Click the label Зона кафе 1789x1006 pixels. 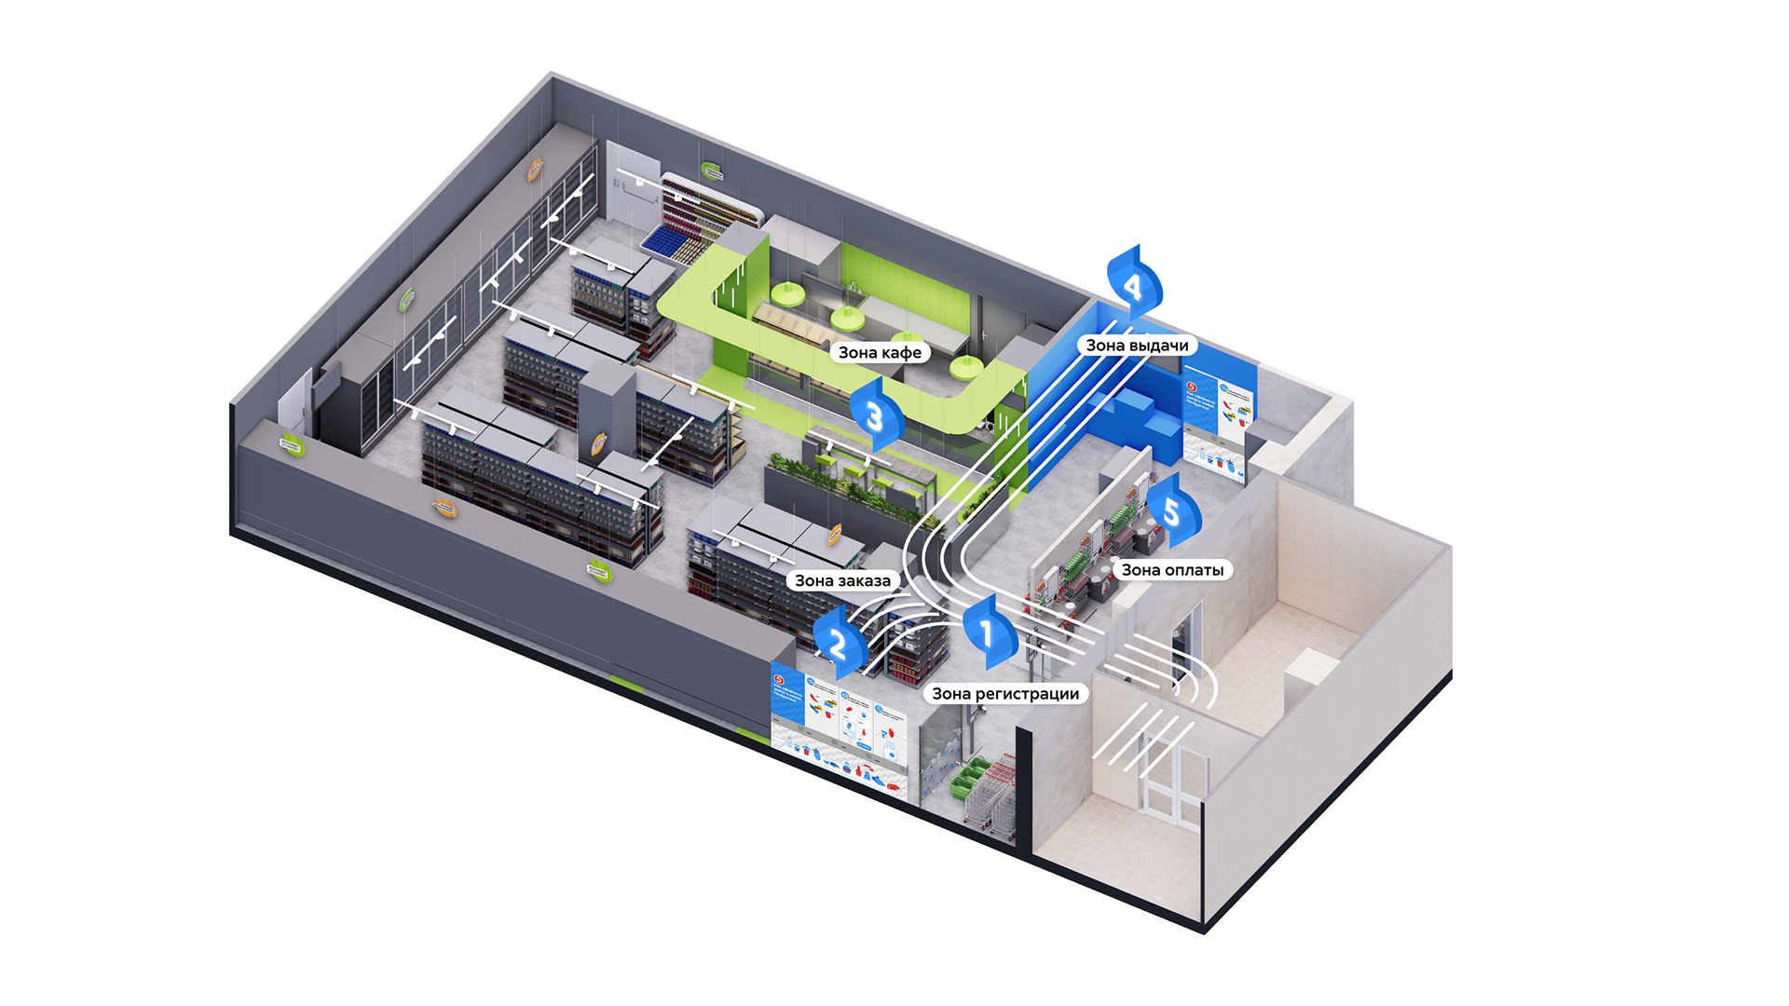880,352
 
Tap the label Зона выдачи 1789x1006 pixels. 1137,346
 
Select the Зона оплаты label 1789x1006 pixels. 1172,570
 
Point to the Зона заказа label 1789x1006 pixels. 842,580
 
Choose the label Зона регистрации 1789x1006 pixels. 1005,694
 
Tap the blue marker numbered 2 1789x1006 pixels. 838,643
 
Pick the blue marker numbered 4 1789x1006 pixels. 1133,283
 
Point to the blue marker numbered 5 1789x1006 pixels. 1171,510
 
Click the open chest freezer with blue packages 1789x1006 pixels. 675,240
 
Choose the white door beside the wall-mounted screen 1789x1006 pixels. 295,403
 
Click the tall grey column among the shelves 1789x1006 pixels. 607,410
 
